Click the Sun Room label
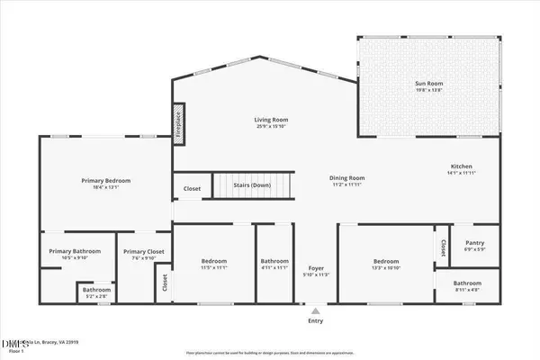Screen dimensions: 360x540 tap(428, 86)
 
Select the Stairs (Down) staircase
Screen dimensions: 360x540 tap(253, 186)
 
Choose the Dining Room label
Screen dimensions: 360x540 tap(346, 180)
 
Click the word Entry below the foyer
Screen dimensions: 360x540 tap(315, 320)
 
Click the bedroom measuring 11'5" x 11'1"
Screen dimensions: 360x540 tap(214, 264)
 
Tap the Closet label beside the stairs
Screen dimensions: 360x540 tap(192, 189)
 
